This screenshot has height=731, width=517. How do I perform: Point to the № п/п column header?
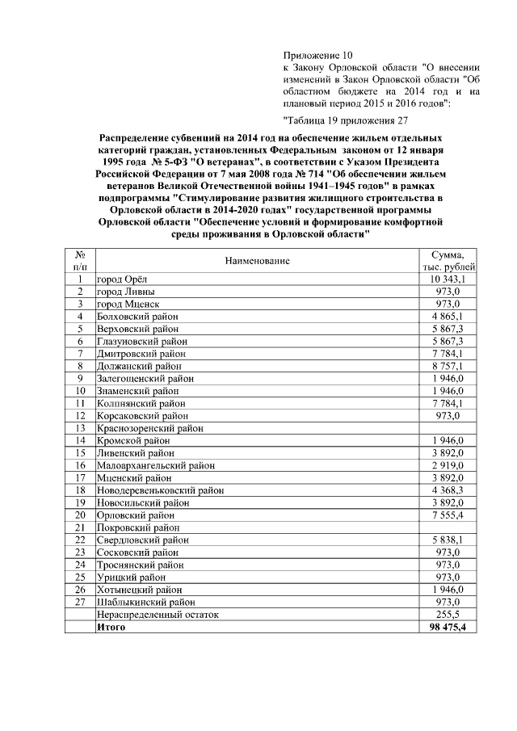point(80,260)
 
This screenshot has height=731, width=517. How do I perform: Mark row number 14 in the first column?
point(80,440)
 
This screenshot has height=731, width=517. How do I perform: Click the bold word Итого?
point(111,626)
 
